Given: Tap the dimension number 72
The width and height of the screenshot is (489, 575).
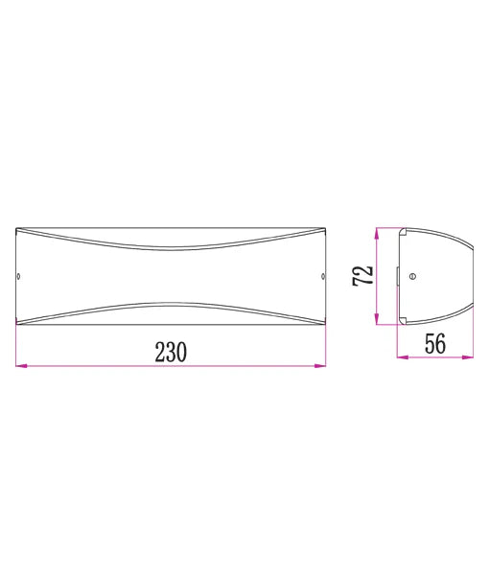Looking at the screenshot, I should (x=362, y=276).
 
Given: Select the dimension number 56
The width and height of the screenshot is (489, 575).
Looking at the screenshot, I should (x=434, y=344).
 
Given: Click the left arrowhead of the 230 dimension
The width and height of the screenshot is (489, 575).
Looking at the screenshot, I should (x=20, y=364).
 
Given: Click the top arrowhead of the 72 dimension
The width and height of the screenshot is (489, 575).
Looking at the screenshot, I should (x=379, y=232).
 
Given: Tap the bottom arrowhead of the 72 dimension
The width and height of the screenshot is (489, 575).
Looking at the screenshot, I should (x=379, y=320).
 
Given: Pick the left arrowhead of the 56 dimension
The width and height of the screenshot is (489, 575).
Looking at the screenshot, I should (x=402, y=357).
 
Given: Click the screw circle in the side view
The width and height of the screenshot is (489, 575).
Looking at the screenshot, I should (x=413, y=276).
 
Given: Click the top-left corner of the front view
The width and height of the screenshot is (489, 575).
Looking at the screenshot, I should (x=17, y=229).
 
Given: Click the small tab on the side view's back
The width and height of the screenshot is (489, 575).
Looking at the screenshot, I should (x=398, y=276).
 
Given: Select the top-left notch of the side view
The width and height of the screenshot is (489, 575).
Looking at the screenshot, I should (x=403, y=232).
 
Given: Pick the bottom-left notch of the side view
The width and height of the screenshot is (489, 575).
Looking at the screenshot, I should (x=403, y=321).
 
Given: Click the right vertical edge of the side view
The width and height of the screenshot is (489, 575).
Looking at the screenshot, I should (x=471, y=276).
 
